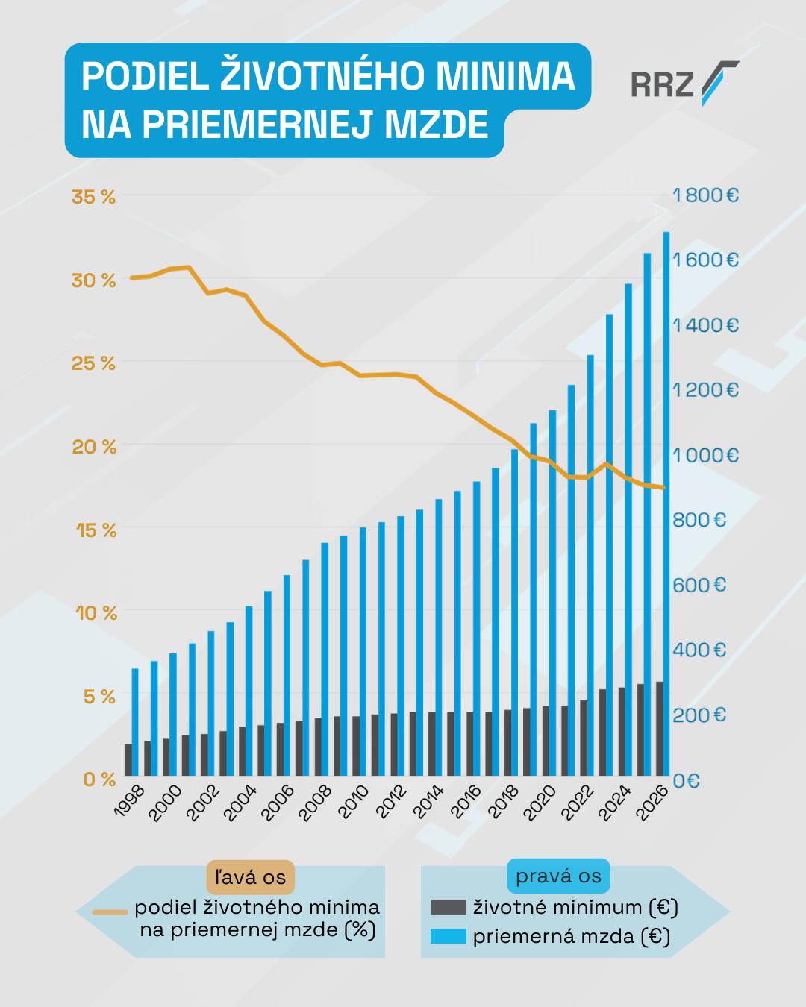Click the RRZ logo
coord(684,84)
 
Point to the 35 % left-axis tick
coord(93,198)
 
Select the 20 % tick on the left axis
coord(93,448)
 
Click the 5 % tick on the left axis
coord(98,697)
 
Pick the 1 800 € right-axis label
coord(705,195)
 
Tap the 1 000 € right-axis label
coord(705,455)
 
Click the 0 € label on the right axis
coord(686,780)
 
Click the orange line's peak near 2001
coord(189,267)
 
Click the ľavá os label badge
coord(250,876)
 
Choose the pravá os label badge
coord(558,876)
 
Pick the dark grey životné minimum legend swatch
coord(448,907)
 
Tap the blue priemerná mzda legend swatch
coord(448,936)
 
